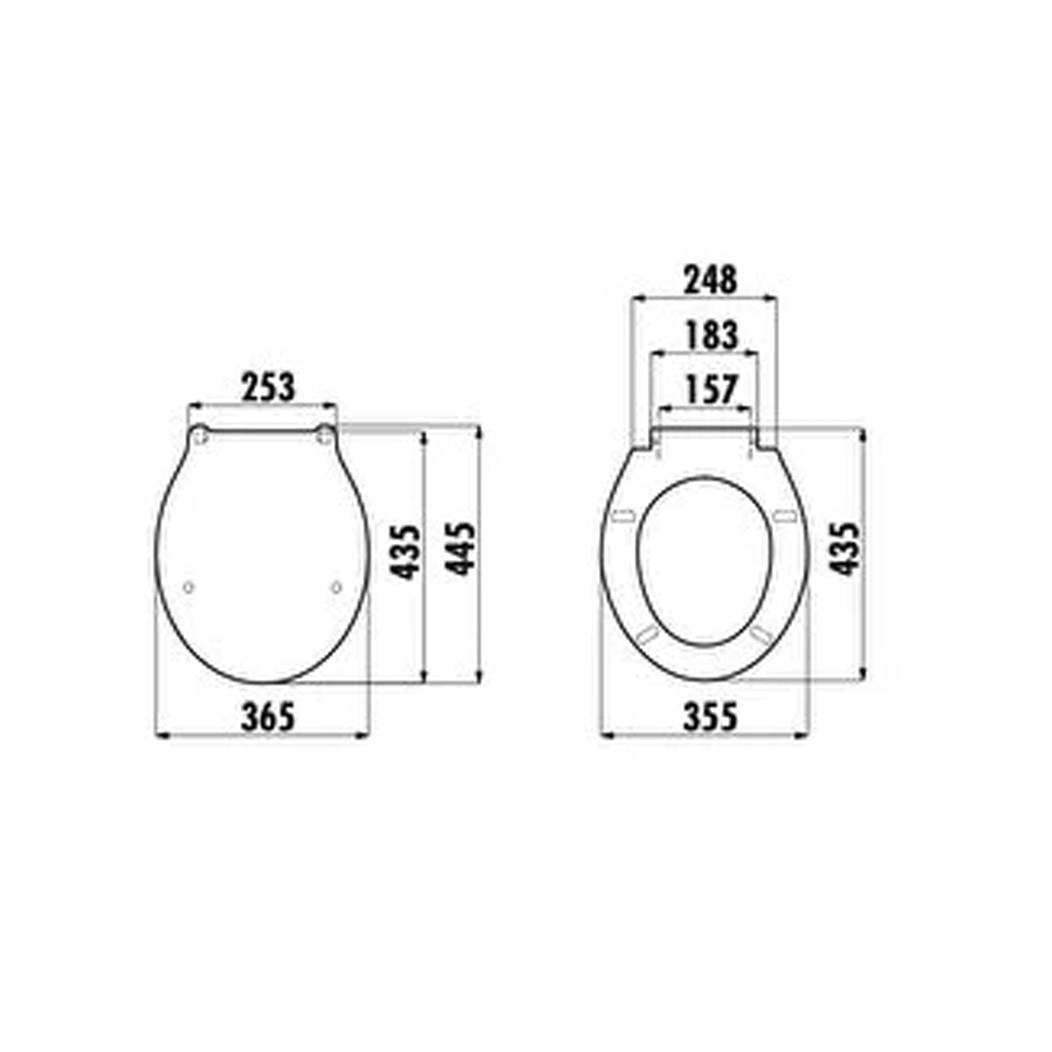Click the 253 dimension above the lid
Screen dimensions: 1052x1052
269,388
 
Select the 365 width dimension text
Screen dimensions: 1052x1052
269,717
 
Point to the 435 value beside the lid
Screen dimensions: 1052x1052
406,552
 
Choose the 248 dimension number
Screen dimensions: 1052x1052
710,280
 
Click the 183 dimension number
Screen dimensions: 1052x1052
710,335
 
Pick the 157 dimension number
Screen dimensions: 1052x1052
710,391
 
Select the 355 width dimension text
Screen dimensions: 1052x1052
710,717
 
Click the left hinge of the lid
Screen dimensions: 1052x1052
200,436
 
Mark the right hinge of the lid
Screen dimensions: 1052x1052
324,436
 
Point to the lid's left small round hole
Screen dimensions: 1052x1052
187,588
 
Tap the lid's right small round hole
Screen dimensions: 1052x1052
336,588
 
